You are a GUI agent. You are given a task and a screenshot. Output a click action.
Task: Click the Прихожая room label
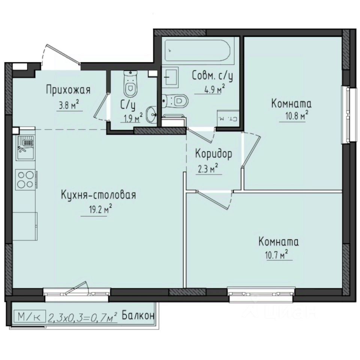(68, 90)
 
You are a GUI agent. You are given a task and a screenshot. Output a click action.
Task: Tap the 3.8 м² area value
(70, 106)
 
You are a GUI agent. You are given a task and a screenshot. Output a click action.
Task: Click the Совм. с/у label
(212, 76)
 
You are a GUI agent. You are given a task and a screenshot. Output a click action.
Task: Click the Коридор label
(213, 154)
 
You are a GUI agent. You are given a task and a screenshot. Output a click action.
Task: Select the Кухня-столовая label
(98, 195)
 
